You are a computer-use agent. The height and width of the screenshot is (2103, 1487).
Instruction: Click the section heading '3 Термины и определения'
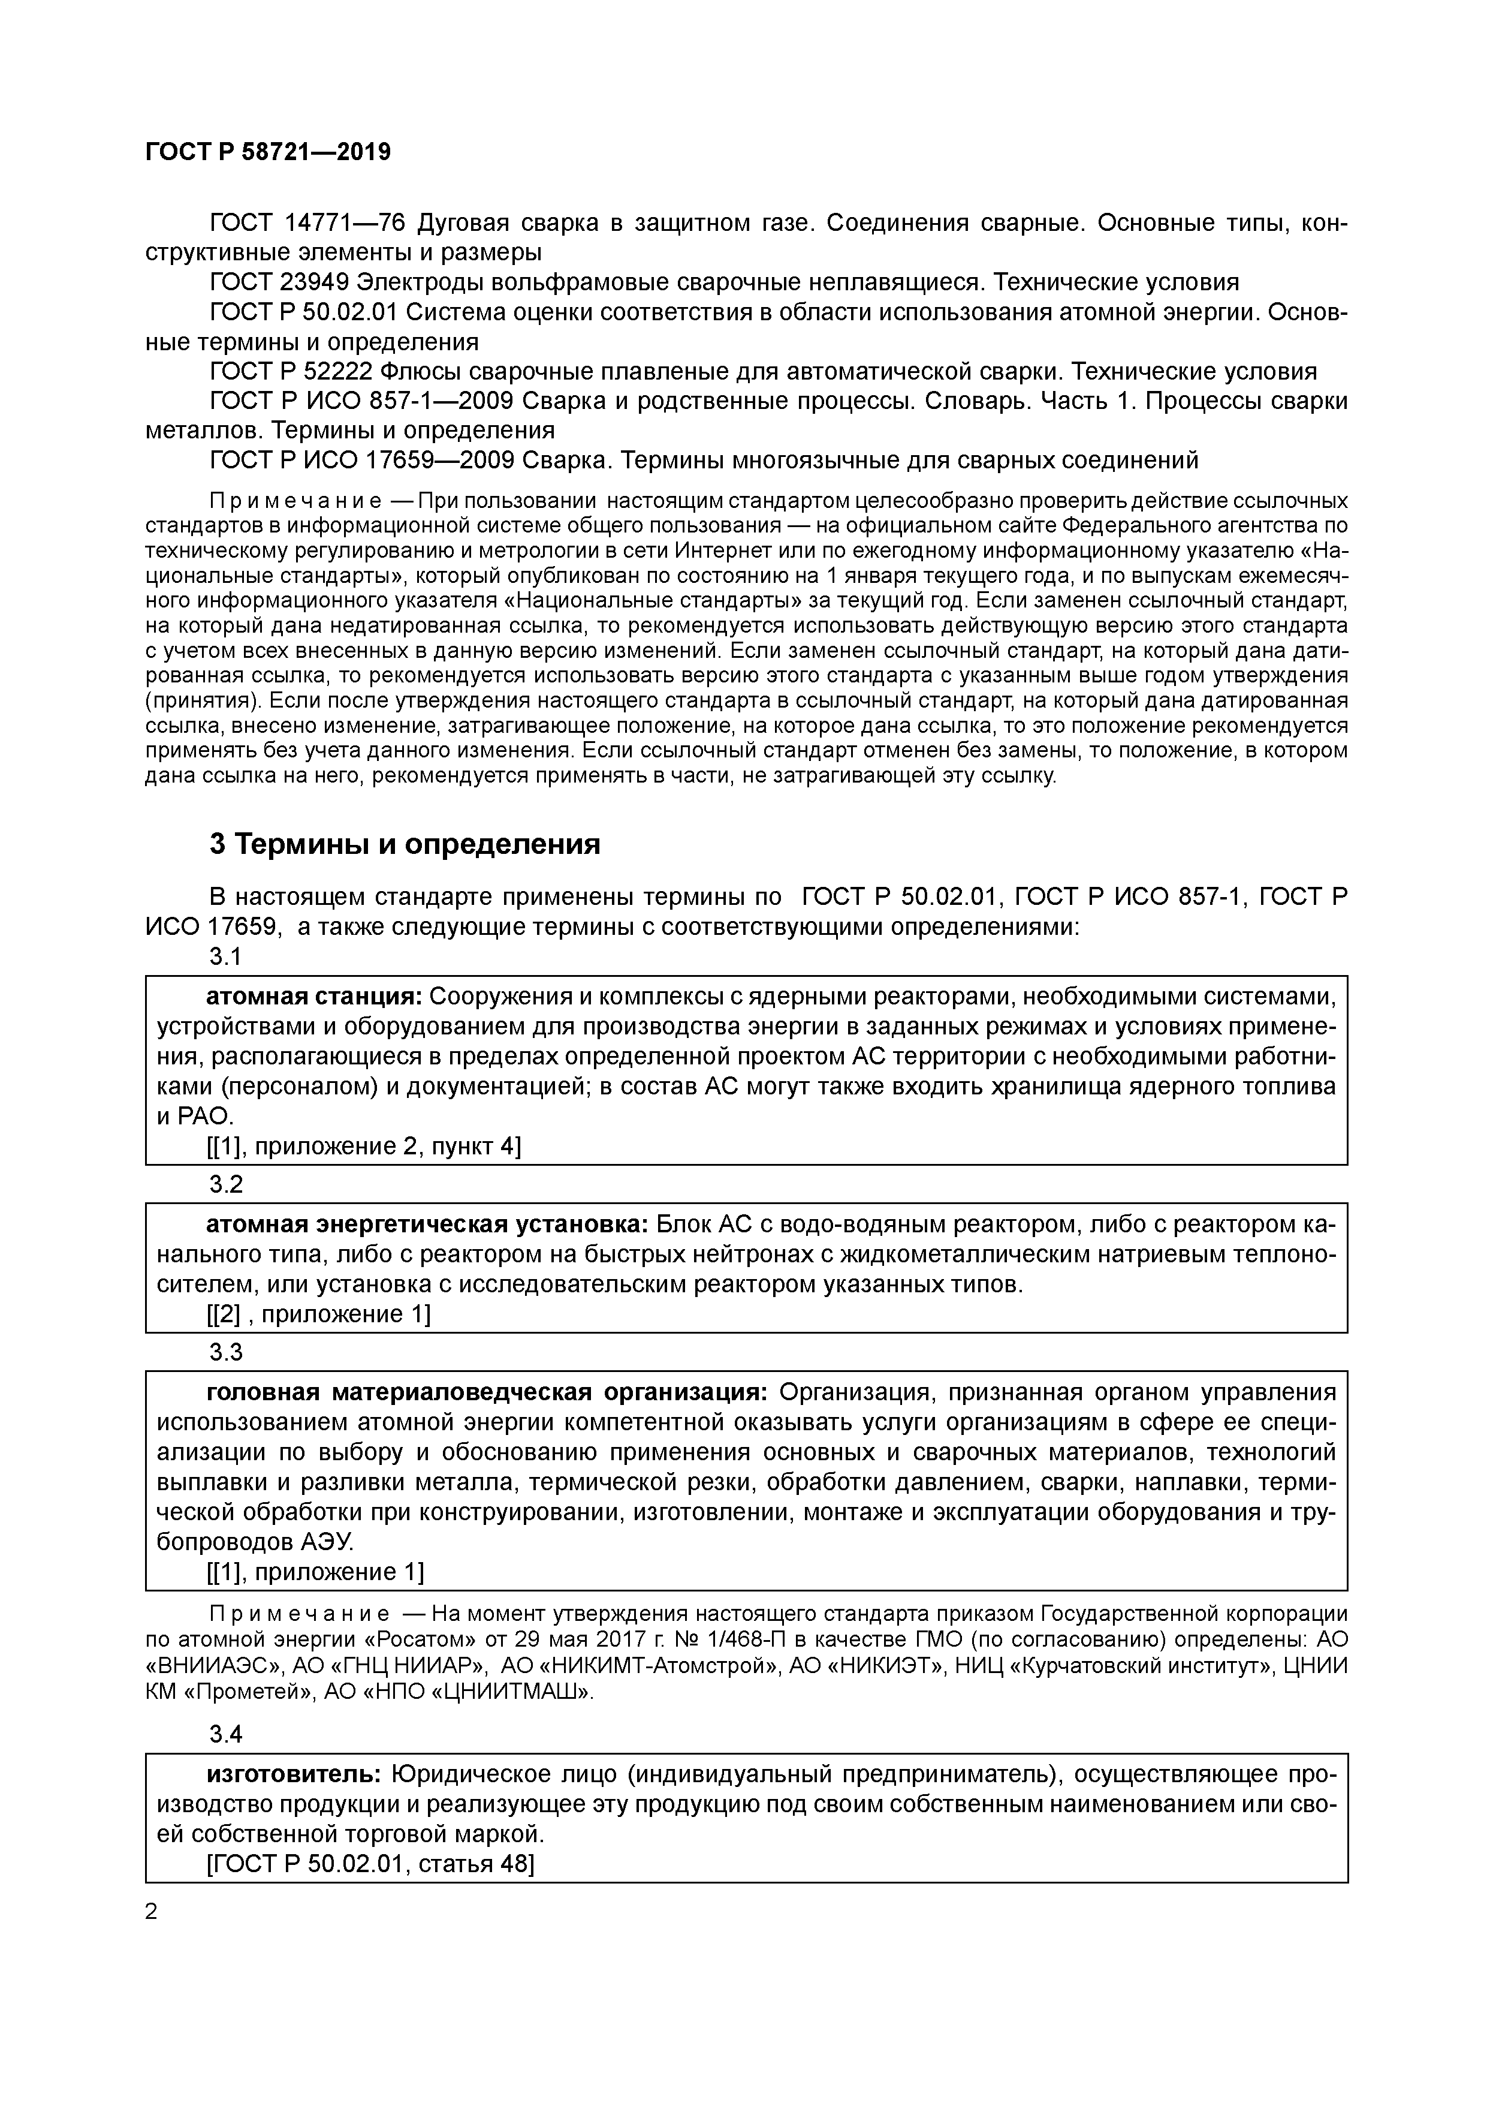(x=405, y=844)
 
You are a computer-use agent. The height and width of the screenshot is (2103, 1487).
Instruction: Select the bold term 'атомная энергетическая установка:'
(x=427, y=1225)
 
